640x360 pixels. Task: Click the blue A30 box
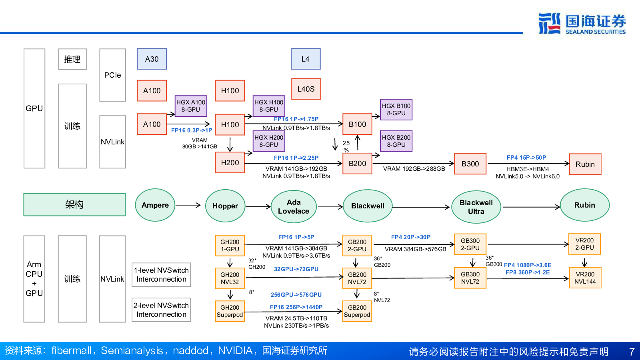tap(152, 59)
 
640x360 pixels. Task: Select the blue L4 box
tap(306, 59)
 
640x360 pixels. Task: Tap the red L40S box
tap(306, 89)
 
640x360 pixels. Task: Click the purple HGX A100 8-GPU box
tap(191, 106)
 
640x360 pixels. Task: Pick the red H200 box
tap(230, 162)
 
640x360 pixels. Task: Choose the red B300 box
tap(470, 164)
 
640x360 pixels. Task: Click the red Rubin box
tap(585, 164)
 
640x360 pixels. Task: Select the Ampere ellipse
tap(155, 205)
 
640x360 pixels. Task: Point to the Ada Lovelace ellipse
tap(294, 207)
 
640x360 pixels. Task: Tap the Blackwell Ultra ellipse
tap(476, 207)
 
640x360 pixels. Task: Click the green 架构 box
tap(74, 204)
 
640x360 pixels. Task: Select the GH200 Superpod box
tap(230, 311)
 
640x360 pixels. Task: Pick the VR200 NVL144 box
tap(585, 278)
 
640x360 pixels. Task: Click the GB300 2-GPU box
tap(470, 244)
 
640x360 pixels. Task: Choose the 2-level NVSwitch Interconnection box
tap(161, 310)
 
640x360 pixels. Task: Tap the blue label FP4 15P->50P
tap(526, 158)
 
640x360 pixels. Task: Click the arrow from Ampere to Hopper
tap(188, 205)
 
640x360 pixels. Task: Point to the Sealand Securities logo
tap(582, 24)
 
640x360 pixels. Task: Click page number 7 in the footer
tap(632, 352)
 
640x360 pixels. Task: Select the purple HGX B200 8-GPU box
tap(396, 141)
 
